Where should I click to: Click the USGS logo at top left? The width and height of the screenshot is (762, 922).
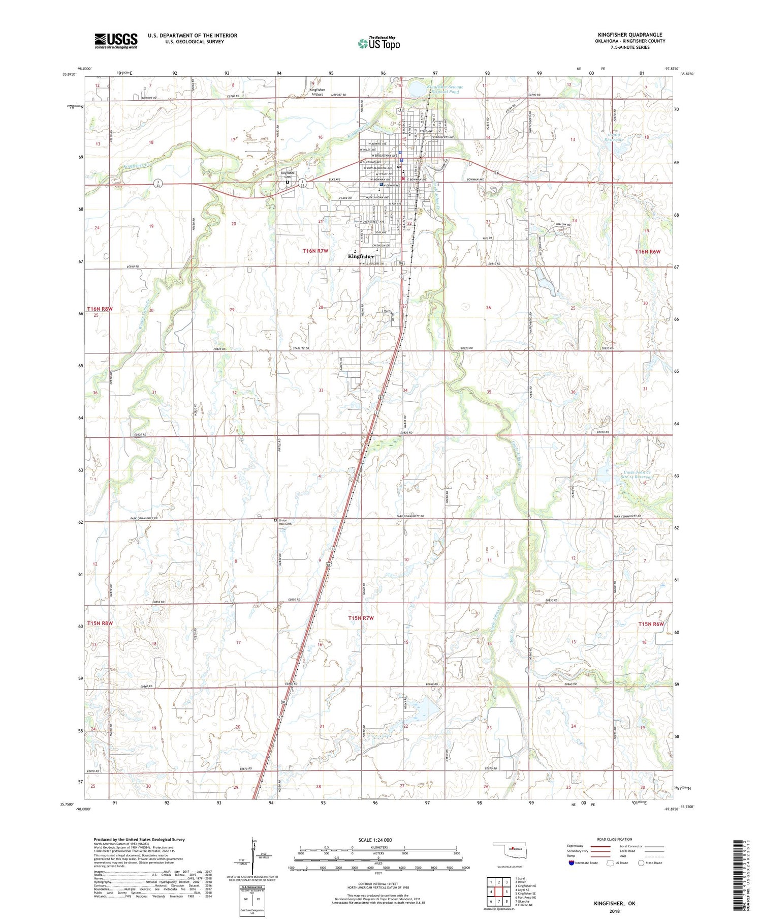(x=116, y=41)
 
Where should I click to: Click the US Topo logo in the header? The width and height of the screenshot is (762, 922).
(x=379, y=44)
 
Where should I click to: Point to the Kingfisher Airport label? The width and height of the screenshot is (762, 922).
(x=317, y=92)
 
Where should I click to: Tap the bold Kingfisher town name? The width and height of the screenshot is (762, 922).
(x=361, y=256)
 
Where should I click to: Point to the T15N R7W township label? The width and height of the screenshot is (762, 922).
(x=361, y=618)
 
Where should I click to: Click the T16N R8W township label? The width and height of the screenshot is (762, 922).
(x=99, y=309)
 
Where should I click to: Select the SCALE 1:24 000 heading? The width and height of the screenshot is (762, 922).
(x=375, y=840)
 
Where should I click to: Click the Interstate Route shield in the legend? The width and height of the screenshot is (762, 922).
(x=571, y=863)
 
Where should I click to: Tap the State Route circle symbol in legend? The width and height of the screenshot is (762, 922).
(x=641, y=863)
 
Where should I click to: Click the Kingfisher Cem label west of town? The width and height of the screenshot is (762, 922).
(x=288, y=174)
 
